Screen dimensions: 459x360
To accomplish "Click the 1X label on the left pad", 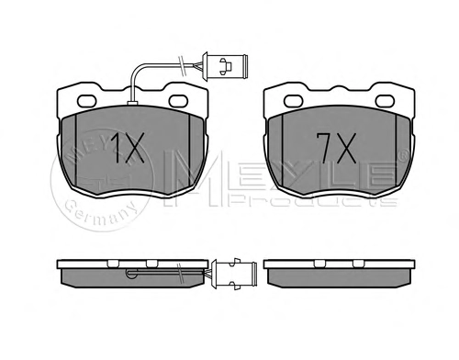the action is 128,147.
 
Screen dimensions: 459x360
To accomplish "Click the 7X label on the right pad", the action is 336,148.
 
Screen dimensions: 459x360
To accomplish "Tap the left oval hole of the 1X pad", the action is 87,101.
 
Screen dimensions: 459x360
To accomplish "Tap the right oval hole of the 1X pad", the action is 179,101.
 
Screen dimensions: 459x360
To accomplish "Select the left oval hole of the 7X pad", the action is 294,101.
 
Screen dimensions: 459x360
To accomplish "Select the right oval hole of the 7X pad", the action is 386,101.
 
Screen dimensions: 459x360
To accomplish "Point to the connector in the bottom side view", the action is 234,274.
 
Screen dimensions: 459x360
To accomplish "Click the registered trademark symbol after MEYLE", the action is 404,155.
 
